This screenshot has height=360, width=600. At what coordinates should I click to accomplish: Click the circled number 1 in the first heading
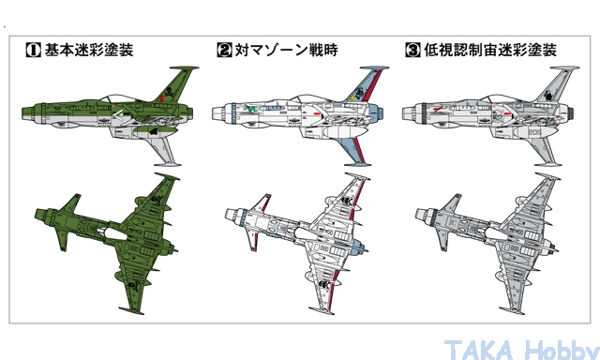(x=33, y=50)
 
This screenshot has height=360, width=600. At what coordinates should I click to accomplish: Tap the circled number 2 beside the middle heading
(x=224, y=50)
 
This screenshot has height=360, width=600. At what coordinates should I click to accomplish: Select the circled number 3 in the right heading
(x=412, y=50)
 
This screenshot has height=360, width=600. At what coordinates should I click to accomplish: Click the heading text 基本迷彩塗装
(x=89, y=50)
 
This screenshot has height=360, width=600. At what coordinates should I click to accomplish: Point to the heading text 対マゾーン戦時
(x=286, y=50)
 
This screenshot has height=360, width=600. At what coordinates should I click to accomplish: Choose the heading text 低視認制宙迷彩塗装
(x=490, y=50)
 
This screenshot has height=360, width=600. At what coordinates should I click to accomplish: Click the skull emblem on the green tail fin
(x=169, y=92)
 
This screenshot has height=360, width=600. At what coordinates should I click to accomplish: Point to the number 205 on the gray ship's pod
(x=534, y=132)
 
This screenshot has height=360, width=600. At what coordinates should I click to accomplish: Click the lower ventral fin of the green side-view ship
(x=165, y=152)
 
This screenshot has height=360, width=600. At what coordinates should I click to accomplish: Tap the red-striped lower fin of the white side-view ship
(x=355, y=152)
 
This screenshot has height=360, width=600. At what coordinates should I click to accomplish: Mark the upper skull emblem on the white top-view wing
(x=346, y=201)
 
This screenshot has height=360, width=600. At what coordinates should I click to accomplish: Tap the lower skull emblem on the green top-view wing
(x=133, y=285)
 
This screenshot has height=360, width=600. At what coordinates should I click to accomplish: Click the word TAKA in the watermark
(x=479, y=350)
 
